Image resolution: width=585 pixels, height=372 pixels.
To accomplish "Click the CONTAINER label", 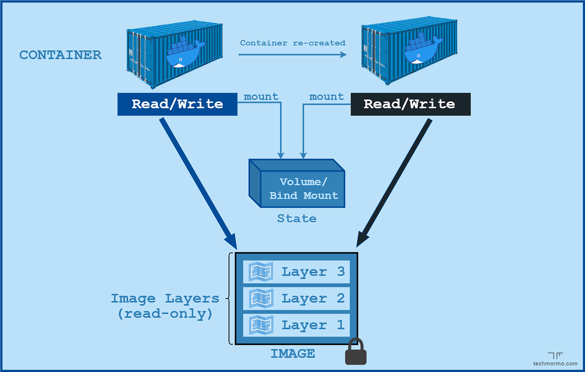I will [x=61, y=55].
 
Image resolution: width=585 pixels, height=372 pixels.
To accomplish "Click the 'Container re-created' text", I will [x=292, y=43].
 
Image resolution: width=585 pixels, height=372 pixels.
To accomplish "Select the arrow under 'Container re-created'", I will [x=292, y=54].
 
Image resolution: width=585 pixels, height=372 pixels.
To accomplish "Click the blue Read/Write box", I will [x=177, y=104].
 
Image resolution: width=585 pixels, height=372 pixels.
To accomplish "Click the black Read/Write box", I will [x=410, y=104].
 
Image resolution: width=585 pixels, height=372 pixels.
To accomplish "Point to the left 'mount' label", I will [x=261, y=97].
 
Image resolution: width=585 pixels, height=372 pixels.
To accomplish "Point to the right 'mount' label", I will [x=326, y=97].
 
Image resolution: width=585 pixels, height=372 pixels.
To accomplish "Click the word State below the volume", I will [x=297, y=218].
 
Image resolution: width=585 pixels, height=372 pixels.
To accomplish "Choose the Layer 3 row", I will [x=296, y=272].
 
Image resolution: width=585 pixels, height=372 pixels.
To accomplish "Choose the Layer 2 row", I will [x=296, y=298].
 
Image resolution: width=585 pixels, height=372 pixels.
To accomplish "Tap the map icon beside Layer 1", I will [x=261, y=325].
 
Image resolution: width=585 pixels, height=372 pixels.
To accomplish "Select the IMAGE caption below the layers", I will [x=292, y=354].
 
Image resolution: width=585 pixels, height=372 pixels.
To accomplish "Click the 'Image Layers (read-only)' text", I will [x=165, y=306].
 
